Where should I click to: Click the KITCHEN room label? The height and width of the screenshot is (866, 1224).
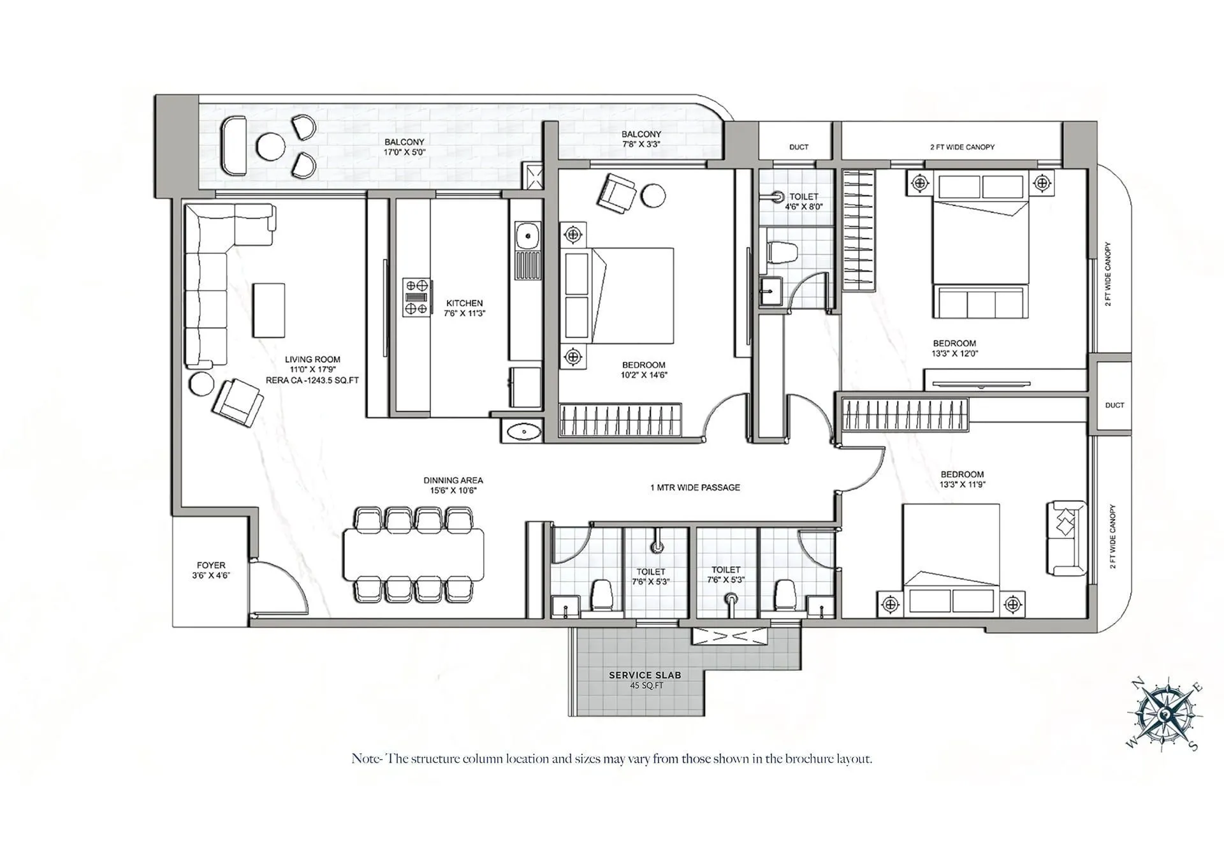pos(464,303)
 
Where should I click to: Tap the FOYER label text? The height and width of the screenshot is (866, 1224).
pos(211,565)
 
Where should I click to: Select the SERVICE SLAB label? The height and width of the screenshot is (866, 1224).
pos(645,675)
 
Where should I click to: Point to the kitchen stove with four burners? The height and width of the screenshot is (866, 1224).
pos(416,297)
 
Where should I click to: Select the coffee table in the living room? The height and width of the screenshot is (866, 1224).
pos(268,311)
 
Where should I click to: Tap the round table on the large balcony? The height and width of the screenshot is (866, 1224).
pos(271,147)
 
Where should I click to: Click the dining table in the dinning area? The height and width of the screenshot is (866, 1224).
pos(413,554)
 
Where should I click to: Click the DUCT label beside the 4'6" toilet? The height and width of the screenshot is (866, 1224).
pos(798,147)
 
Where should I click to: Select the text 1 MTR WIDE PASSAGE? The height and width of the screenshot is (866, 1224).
pos(695,487)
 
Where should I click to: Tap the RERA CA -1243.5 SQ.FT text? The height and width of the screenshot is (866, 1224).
pos(312,380)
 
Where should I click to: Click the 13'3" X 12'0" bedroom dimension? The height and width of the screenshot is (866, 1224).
pos(954,353)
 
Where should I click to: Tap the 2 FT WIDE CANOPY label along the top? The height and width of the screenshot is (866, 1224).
pos(962,147)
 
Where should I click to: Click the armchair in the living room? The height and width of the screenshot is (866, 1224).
pos(237,402)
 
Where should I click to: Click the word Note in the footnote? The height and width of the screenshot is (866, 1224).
pos(365,759)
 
